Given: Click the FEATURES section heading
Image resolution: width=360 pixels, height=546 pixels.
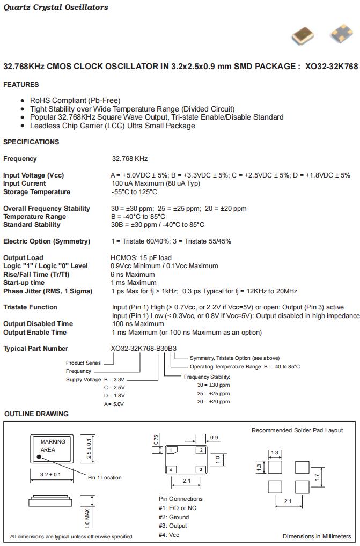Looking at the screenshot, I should [x=21, y=85].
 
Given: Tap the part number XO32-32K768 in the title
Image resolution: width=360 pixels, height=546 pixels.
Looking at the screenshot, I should [x=331, y=67].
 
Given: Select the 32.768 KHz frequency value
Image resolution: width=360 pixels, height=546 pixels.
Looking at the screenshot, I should [x=129, y=159].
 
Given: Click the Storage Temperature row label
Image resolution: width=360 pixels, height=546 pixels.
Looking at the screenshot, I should [x=36, y=192].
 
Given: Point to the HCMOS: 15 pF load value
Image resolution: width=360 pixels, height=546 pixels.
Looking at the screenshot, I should [x=141, y=258].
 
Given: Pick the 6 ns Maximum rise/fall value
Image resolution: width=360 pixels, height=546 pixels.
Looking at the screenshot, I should [x=134, y=275].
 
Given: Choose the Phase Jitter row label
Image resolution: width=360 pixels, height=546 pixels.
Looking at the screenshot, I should [x=48, y=291].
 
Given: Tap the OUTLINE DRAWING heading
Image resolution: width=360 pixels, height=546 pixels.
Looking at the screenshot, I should [x=36, y=414].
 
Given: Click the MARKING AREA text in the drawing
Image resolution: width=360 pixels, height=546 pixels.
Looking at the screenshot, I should [x=53, y=446].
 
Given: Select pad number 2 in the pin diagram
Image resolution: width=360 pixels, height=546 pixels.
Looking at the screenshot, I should [x=201, y=450].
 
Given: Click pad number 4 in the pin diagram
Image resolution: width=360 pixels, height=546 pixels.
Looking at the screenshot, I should [x=171, y=470].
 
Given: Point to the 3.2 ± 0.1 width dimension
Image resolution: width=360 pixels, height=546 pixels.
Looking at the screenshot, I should [x=50, y=475].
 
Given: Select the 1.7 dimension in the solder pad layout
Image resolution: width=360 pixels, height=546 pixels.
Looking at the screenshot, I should [x=318, y=476].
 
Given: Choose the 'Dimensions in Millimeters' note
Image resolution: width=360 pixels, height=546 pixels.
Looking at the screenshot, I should [x=317, y=536].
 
